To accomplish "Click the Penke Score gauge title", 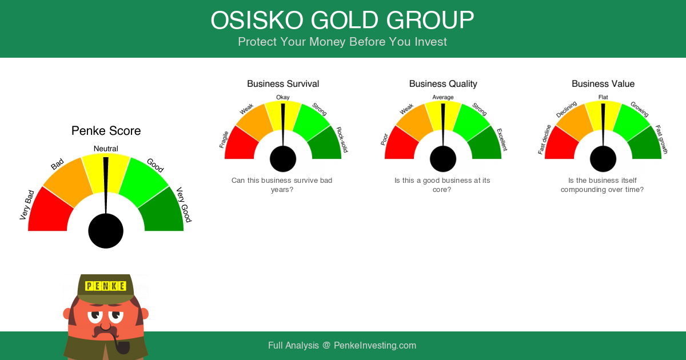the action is [106, 131].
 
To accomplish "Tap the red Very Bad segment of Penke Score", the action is [50, 211].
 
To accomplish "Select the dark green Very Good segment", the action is [162, 211].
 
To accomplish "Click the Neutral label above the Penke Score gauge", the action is [106, 149].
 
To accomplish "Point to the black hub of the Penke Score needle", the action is [106, 231].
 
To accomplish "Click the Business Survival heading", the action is [283, 83].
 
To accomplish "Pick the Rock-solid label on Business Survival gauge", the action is [342, 139].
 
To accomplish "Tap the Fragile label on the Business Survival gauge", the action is [224, 139].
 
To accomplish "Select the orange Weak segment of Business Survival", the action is [255, 122].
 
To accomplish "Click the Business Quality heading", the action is [443, 83].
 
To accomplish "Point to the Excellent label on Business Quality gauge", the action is [502, 139].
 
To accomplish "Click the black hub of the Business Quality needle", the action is [443, 159].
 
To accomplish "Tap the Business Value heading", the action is [603, 83].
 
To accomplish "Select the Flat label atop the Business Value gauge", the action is [603, 97].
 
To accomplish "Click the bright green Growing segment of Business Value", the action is [631, 122].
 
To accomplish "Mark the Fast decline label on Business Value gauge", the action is [544, 139].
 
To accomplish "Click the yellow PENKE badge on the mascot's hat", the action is [106, 286].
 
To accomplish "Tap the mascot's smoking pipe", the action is [121, 345].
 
